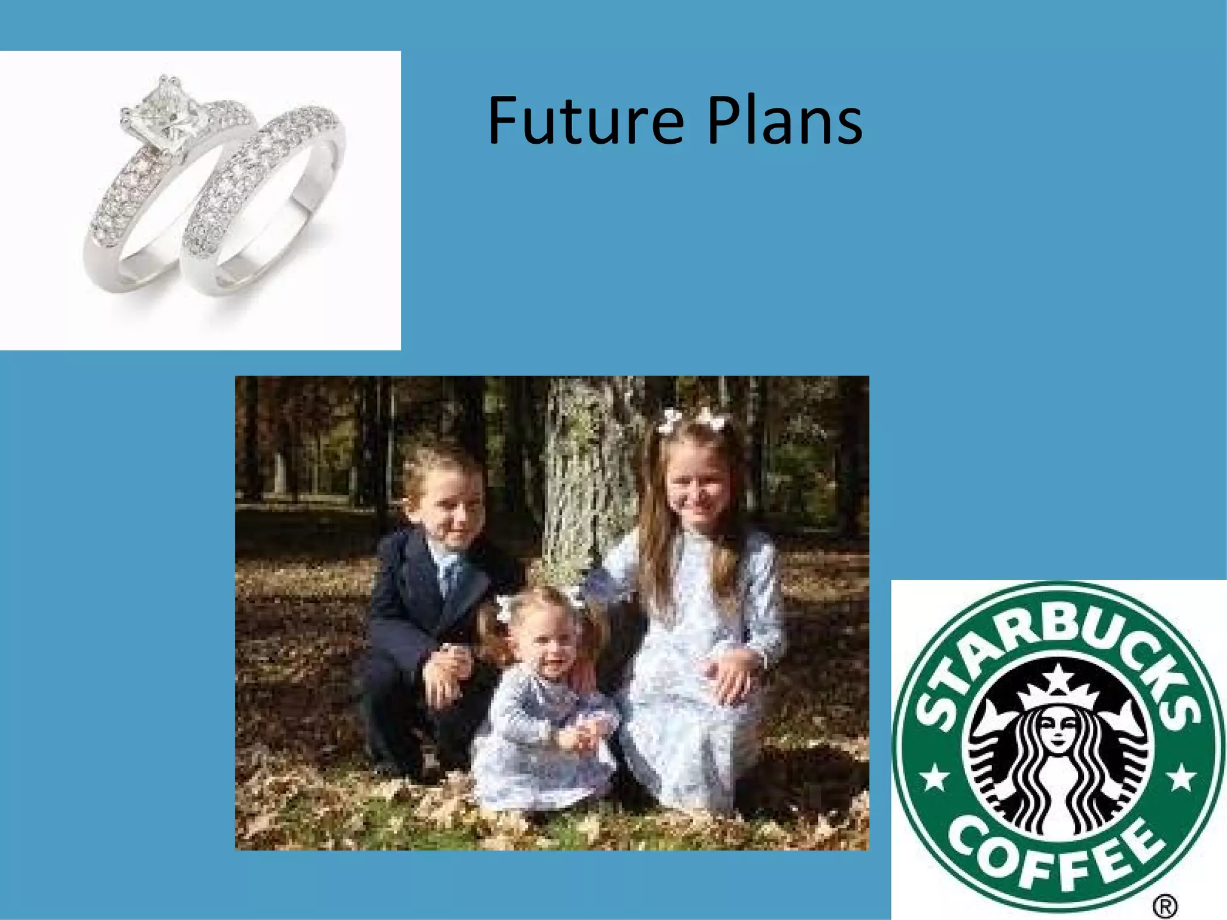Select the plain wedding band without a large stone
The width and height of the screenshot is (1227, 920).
(264, 198)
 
